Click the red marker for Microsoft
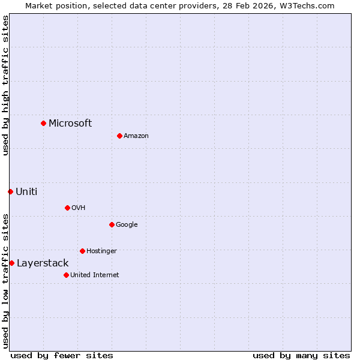coord(43,123)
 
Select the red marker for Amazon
coord(119,136)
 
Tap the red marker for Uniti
coord(10,191)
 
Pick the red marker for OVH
coord(67,208)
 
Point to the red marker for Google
coord(112,224)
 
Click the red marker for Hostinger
coord(82,251)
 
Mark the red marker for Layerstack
coord(11,263)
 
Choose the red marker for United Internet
coord(66,275)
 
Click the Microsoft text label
coord(70,123)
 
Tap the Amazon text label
coord(136,136)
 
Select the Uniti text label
coord(26,191)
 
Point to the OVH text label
coord(79,208)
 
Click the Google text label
coord(127,224)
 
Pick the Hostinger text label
coord(101,251)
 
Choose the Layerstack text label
coord(43,263)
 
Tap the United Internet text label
coord(94,275)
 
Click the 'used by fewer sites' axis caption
coord(62,355)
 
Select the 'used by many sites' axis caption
coord(301,355)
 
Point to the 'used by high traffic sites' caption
coord(5,85)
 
